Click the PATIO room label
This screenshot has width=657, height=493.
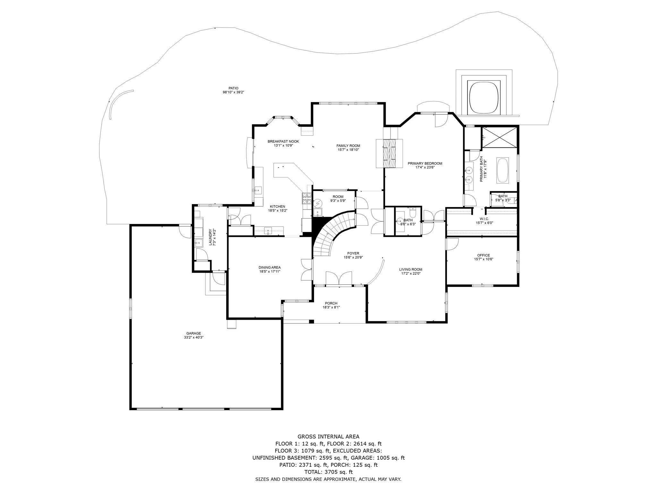click(x=233, y=88)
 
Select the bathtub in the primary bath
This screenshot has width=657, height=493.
click(x=502, y=170)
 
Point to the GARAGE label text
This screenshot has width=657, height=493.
click(x=193, y=333)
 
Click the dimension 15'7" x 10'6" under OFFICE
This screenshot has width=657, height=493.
click(x=483, y=259)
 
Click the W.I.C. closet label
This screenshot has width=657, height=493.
click(x=484, y=219)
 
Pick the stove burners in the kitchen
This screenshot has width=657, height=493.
click(x=307, y=199)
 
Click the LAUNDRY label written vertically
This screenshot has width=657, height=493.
click(x=211, y=237)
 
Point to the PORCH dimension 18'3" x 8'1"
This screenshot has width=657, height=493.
click(x=331, y=307)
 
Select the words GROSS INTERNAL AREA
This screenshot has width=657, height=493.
click(x=328, y=437)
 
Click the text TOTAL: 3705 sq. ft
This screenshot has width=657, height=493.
click(x=328, y=472)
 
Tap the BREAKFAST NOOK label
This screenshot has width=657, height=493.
click(x=283, y=141)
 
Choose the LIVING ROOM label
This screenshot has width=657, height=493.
click(x=411, y=269)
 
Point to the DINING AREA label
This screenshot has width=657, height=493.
click(x=269, y=267)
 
